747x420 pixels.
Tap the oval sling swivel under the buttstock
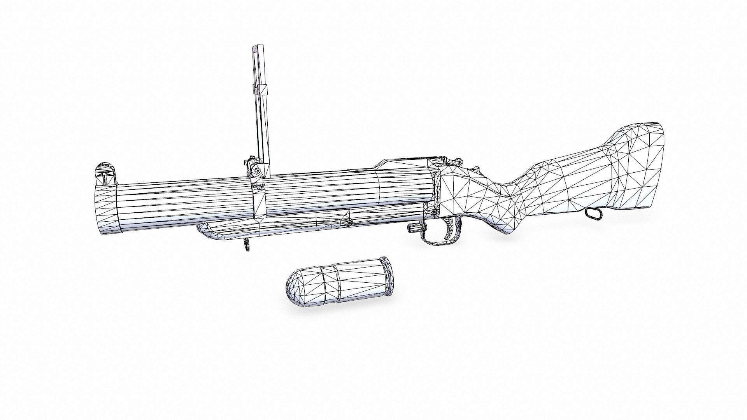[x=592, y=213]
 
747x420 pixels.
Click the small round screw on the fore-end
[x=349, y=222]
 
